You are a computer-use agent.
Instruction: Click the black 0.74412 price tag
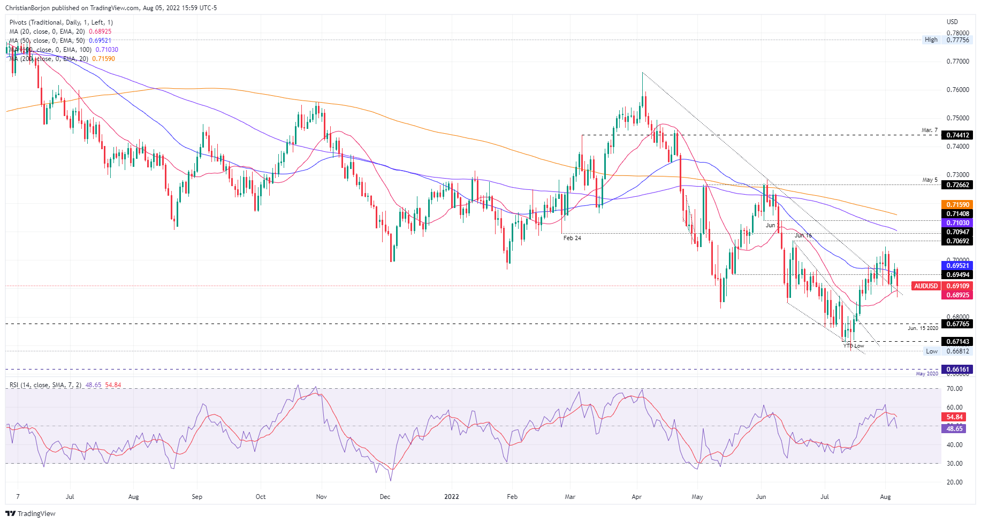point(957,135)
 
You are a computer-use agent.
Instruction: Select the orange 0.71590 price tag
point(957,205)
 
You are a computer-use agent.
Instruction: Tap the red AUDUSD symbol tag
point(926,286)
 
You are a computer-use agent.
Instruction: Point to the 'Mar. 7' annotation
point(930,130)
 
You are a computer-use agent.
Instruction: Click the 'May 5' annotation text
point(930,180)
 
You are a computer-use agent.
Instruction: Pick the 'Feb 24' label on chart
point(572,238)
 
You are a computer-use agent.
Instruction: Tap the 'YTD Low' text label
point(854,346)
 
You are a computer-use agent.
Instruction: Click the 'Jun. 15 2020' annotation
point(923,328)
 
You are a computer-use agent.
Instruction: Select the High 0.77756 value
point(957,40)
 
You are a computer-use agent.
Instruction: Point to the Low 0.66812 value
point(957,351)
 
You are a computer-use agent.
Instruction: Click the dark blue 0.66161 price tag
point(957,370)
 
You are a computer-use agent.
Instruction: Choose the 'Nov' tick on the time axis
point(321,497)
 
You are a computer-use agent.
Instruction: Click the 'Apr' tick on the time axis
point(636,497)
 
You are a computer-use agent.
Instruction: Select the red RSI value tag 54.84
point(954,417)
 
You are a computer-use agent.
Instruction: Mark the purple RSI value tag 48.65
point(954,429)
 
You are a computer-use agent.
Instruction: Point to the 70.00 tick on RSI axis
point(954,389)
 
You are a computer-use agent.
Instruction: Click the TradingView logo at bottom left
point(31,513)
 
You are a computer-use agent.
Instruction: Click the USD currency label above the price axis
point(952,22)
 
